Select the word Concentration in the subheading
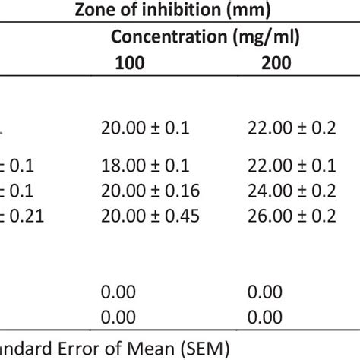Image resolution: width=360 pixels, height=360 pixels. click(162, 36)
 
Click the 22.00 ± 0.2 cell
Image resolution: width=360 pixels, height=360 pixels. click(291, 128)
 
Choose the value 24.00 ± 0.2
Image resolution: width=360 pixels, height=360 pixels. click(291, 191)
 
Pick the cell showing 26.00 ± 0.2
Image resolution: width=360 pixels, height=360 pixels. click(291, 216)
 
